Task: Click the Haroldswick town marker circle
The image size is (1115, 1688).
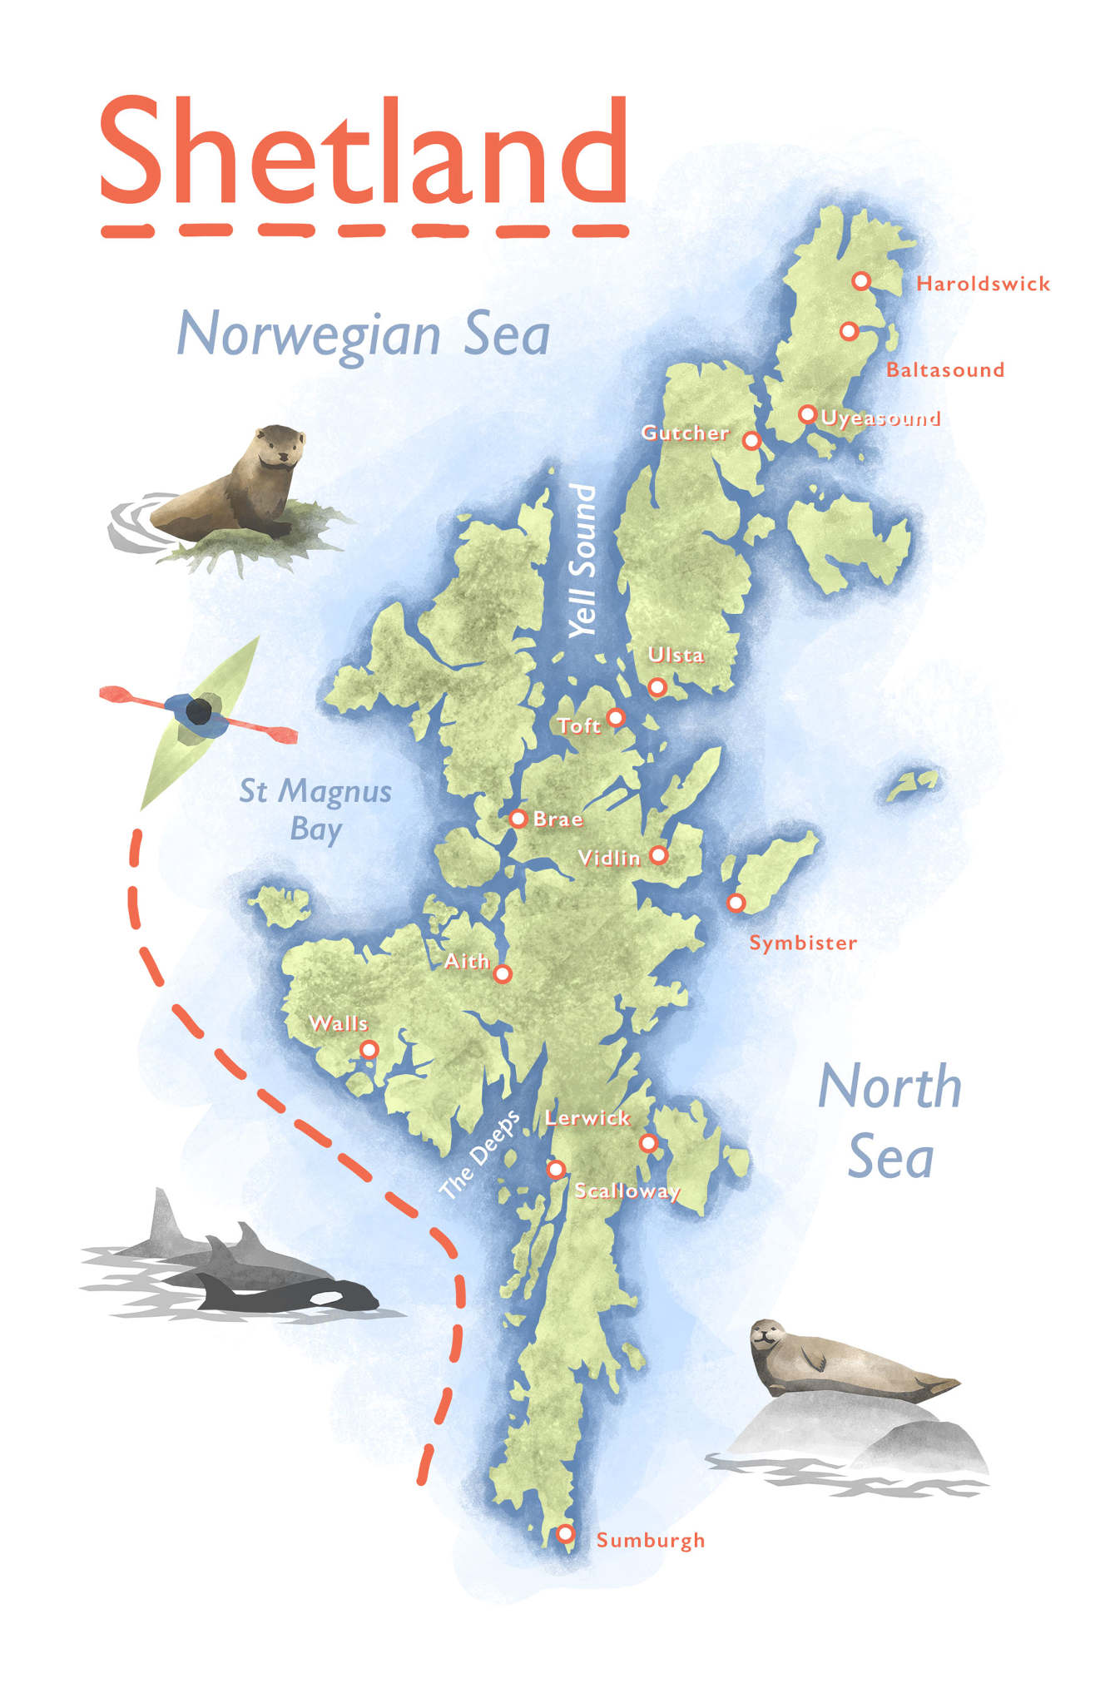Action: [861, 281]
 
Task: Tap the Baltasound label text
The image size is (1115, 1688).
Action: [944, 369]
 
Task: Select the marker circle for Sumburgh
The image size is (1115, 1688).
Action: [565, 1532]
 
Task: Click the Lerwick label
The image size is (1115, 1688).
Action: [587, 1118]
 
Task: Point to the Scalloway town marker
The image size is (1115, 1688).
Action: [556, 1169]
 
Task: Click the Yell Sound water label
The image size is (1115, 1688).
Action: [582, 562]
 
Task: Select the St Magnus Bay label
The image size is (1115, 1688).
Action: [315, 809]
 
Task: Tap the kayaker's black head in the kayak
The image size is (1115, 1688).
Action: [198, 711]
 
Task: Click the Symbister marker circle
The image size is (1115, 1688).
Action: [736, 902]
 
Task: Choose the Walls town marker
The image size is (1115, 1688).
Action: [369, 1049]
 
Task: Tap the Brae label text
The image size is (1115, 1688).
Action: [557, 819]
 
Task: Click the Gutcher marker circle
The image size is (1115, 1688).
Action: [751, 440]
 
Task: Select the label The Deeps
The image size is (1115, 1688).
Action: [479, 1154]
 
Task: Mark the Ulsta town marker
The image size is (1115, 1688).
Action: [657, 686]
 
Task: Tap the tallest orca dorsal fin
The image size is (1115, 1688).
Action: [163, 1215]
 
